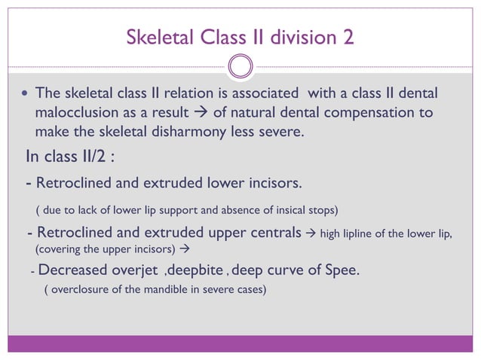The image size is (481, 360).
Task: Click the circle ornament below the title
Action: (240, 67)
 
